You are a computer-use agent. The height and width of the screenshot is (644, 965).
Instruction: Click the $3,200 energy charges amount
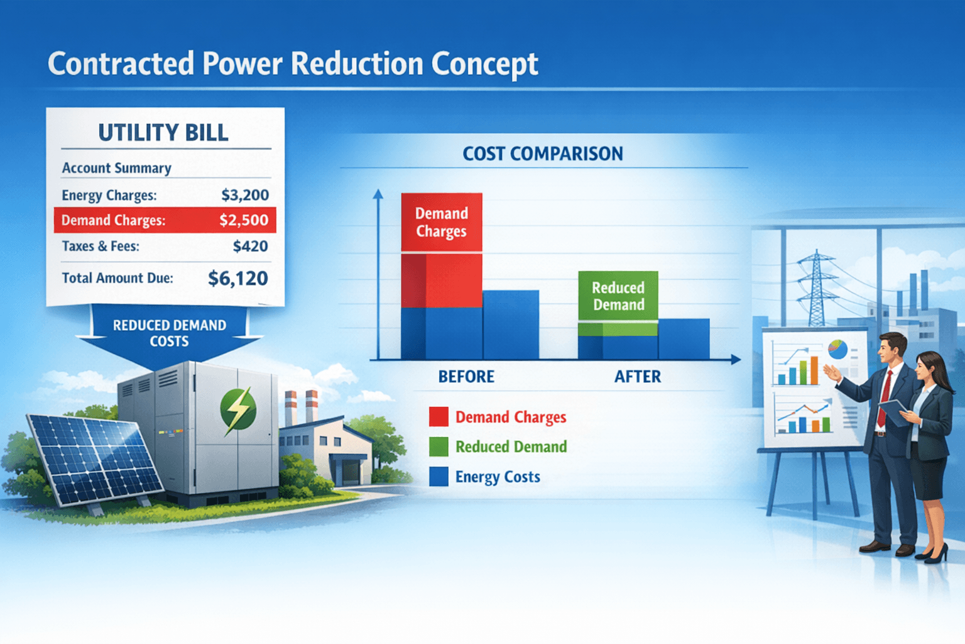click(245, 195)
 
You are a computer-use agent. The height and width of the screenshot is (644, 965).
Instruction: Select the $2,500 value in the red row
click(244, 220)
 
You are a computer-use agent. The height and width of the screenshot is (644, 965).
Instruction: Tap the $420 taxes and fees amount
click(250, 246)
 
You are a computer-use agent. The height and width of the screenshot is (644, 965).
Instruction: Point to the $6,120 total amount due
click(238, 278)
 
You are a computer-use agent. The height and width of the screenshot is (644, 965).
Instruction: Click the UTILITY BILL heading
click(163, 133)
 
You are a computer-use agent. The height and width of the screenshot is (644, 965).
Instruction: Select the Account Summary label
click(116, 168)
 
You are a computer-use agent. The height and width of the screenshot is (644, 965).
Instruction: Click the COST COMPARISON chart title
click(543, 153)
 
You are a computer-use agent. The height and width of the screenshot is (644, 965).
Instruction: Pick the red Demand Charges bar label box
click(442, 223)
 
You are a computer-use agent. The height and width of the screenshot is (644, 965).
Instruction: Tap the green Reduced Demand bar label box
click(618, 296)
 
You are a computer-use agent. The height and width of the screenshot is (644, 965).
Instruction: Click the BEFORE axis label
click(466, 377)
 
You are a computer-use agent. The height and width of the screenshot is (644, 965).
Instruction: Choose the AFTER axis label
click(638, 377)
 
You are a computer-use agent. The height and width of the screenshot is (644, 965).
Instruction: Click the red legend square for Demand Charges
click(439, 417)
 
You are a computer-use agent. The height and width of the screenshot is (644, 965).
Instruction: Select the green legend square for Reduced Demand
click(439, 447)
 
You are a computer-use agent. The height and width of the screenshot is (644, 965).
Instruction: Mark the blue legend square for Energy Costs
click(439, 477)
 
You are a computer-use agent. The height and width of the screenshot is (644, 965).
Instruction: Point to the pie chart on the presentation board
click(837, 350)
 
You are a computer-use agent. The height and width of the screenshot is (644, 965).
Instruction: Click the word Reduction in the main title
click(357, 64)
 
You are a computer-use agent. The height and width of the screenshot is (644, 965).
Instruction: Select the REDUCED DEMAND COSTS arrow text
click(169, 333)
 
